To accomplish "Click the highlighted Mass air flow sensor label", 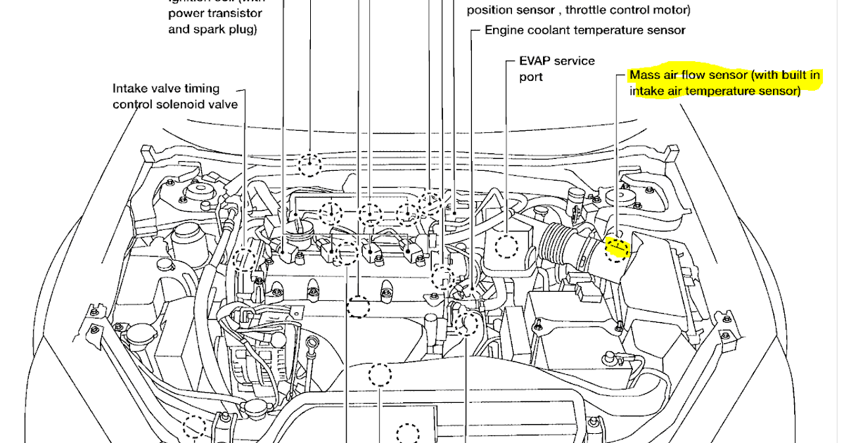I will pyautogui.click(x=724, y=83).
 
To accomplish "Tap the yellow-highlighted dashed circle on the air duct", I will pyautogui.click(x=617, y=248).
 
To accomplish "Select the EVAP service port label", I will pyautogui.click(x=556, y=68).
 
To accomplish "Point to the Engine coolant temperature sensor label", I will pyautogui.click(x=584, y=30).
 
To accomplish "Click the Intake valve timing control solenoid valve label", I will pyautogui.click(x=174, y=96).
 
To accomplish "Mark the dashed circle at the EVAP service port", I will pyautogui.click(x=506, y=247).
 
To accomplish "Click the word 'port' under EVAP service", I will pyautogui.click(x=531, y=77).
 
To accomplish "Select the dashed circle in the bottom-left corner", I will pyautogui.click(x=194, y=426).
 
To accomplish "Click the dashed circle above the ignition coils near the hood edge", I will pyautogui.click(x=308, y=165).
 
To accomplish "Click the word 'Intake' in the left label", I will pyautogui.click(x=130, y=89).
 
